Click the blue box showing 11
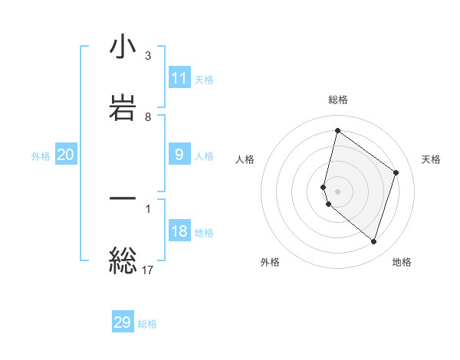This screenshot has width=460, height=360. [x=179, y=78]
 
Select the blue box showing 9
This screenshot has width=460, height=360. [x=179, y=155]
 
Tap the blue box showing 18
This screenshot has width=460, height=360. [x=179, y=231]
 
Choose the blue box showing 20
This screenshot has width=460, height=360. [x=66, y=155]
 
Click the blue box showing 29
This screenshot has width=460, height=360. [x=123, y=322]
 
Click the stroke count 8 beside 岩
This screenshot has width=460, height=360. [x=148, y=117]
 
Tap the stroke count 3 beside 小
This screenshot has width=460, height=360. [x=148, y=56]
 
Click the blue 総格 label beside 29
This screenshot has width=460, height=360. [x=147, y=324]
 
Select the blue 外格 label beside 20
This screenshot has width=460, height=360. [x=41, y=156]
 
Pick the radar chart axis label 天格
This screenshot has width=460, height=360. [x=432, y=159]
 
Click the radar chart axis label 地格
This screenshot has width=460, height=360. [x=402, y=263]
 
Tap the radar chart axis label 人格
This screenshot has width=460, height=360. [x=245, y=159]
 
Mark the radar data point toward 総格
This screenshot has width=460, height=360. [x=337, y=131]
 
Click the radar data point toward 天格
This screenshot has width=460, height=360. [x=396, y=172]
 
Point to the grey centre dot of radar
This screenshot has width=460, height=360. [x=337, y=191]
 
